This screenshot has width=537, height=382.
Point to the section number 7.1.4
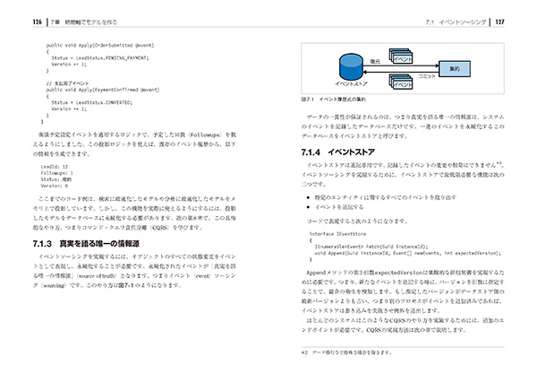[304, 152]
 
